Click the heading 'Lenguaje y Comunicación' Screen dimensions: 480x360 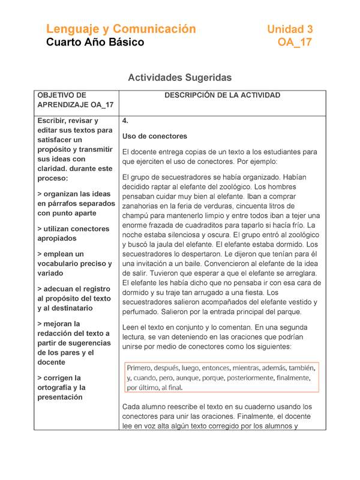(121, 29)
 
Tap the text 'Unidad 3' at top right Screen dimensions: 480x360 (290, 29)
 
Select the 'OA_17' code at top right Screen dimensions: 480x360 (295, 43)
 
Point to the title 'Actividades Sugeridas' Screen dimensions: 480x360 (180, 77)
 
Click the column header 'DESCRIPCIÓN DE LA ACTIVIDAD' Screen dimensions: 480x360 (223, 95)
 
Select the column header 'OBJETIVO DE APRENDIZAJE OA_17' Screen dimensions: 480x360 (76, 100)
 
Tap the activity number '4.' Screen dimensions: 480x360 (125, 121)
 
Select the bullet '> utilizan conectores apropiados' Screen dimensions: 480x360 (73, 233)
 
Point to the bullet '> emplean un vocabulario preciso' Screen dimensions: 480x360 (74, 263)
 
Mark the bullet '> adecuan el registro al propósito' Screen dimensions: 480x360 (74, 298)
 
